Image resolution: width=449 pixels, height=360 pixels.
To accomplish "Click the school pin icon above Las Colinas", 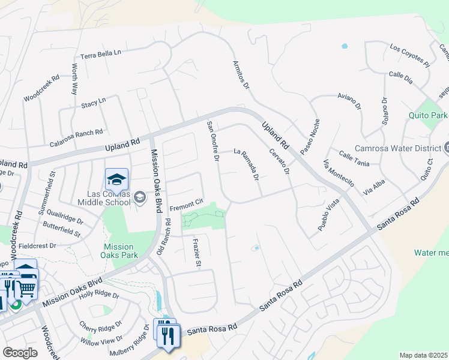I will [x=117, y=179].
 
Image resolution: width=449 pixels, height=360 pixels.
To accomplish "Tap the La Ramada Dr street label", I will [x=246, y=164].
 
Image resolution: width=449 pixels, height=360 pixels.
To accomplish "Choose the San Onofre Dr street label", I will [x=213, y=142].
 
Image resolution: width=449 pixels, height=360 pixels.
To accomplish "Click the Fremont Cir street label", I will [x=187, y=208].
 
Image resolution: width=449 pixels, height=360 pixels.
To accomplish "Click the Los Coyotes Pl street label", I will [x=410, y=55].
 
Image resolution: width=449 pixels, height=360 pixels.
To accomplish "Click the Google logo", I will [x=20, y=353].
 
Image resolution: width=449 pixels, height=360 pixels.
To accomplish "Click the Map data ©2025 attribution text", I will [x=423, y=355].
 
